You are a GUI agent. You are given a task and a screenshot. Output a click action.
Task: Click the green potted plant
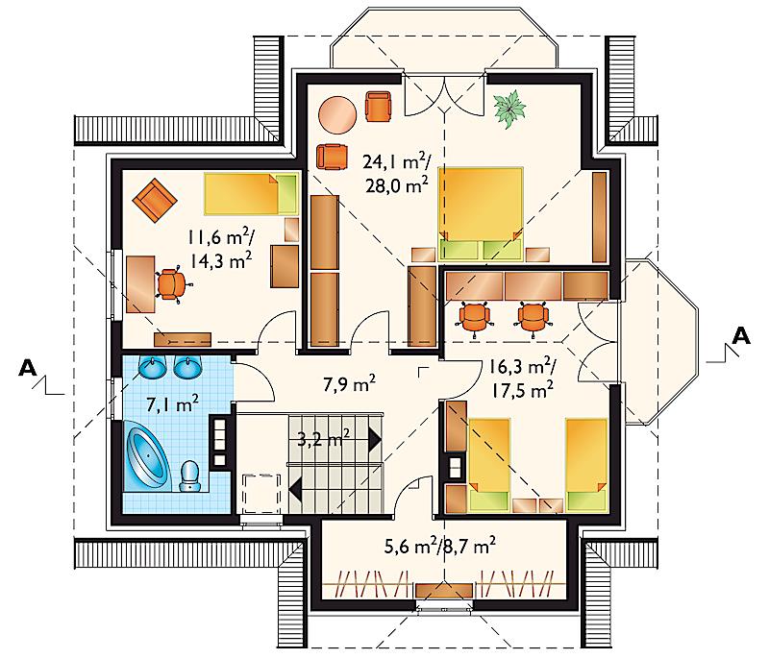pyautogui.click(x=509, y=109)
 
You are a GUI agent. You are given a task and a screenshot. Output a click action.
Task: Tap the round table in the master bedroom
pyautogui.click(x=338, y=113)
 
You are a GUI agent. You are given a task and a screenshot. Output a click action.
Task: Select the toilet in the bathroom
pyautogui.click(x=189, y=476)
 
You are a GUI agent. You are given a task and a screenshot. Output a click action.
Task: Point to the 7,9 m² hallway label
pyautogui.click(x=349, y=383)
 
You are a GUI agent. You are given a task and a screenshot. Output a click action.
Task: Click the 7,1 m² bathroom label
pyautogui.click(x=173, y=404)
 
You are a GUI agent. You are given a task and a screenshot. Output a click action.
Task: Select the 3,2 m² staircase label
pyautogui.click(x=324, y=437)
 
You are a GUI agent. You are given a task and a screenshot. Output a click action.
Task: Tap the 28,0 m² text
pyautogui.click(x=397, y=185)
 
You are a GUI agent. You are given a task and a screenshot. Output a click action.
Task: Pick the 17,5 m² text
pyautogui.click(x=523, y=390)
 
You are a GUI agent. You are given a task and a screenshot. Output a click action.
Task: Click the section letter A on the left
pyautogui.click(x=28, y=368)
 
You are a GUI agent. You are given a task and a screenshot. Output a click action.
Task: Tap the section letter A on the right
pyautogui.click(x=741, y=336)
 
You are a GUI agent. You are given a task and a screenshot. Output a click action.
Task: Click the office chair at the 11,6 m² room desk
pyautogui.click(x=171, y=284)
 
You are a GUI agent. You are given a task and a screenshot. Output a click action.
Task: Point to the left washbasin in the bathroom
pyautogui.click(x=152, y=367)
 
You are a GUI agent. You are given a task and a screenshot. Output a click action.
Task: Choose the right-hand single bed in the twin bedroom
pyautogui.click(x=586, y=464)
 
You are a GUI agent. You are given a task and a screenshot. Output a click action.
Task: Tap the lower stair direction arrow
pyautogui.click(x=296, y=488)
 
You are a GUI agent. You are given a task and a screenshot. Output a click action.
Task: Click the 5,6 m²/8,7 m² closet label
pyautogui.click(x=439, y=546)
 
